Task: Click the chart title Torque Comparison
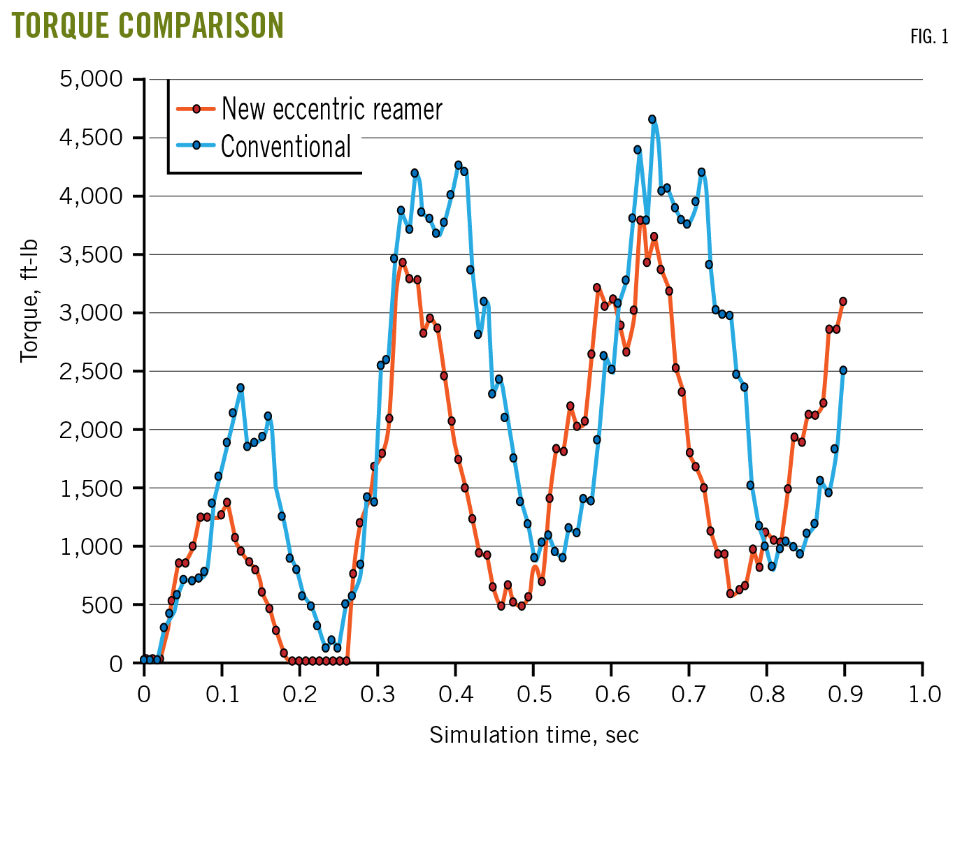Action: [x=148, y=25]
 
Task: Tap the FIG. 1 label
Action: [x=929, y=37]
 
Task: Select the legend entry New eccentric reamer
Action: [x=331, y=109]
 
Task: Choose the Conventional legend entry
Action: [x=286, y=147]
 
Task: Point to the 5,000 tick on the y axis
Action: [x=92, y=79]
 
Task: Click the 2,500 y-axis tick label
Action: [x=92, y=371]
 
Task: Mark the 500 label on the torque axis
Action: [x=102, y=604]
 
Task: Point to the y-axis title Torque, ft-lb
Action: [x=29, y=302]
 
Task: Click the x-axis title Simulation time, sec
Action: [x=533, y=735]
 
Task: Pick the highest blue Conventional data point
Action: [x=652, y=119]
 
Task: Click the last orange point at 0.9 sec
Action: [x=843, y=302]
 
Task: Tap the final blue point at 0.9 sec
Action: [x=843, y=370]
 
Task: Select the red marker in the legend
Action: [x=196, y=109]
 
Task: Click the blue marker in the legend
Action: [x=196, y=145]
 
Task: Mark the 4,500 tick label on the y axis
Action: [x=92, y=138]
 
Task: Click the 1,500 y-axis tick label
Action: [x=92, y=488]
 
